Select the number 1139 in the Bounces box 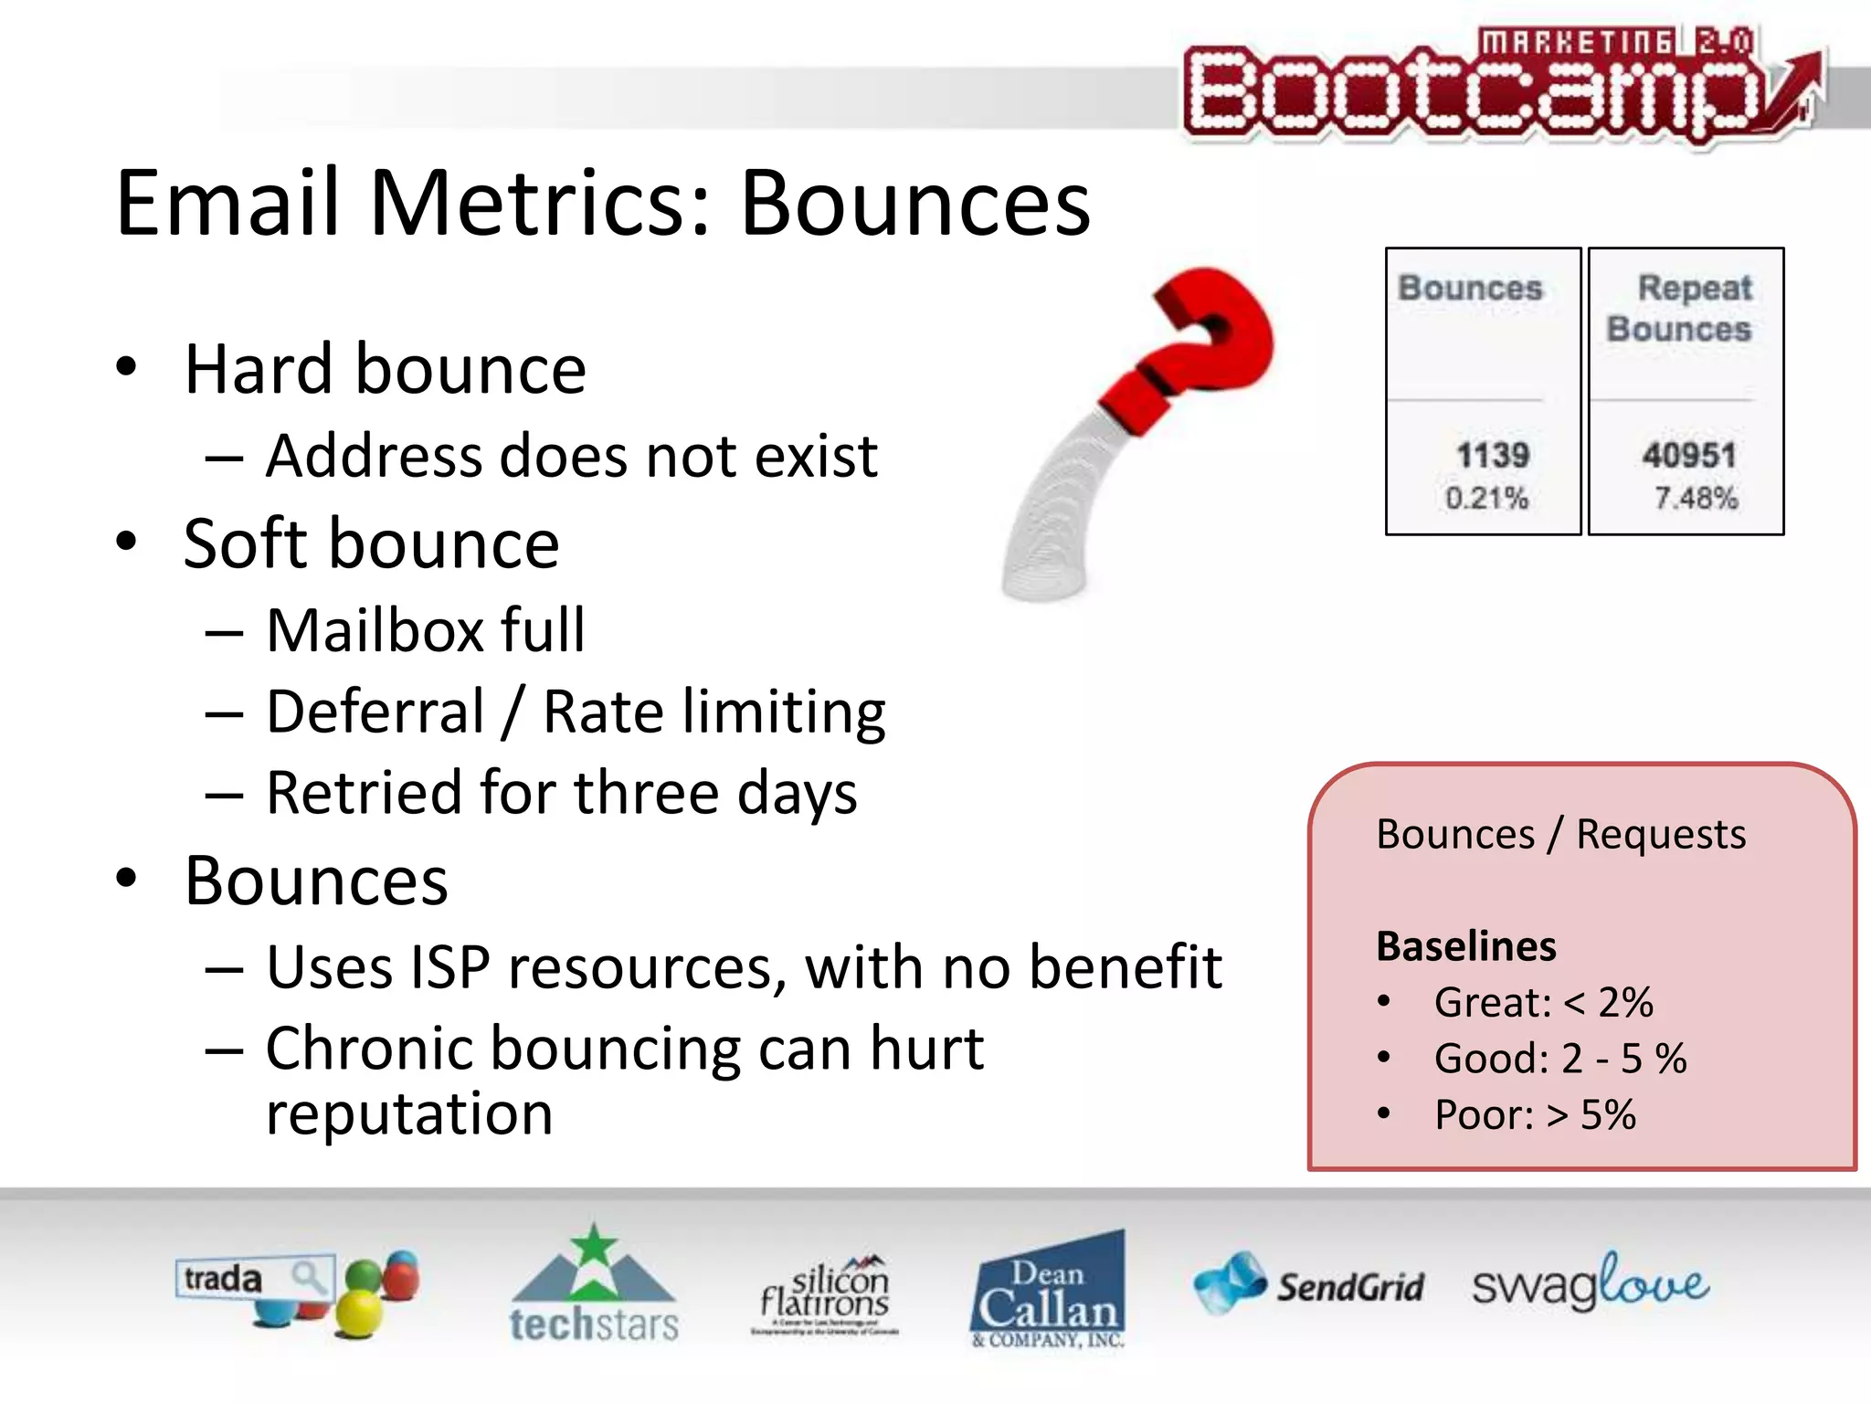[1492, 454]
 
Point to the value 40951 [1688, 454]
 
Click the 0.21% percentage [1486, 498]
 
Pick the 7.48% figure [1696, 498]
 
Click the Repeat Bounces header [1681, 308]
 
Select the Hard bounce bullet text [385, 369]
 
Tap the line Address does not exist [571, 456]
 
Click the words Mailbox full [426, 630]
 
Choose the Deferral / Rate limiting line [576, 712]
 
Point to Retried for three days [562, 792]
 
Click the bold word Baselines [1465, 945]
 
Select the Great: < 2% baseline [1543, 1002]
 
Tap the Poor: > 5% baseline [1535, 1114]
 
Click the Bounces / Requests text [1560, 834]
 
